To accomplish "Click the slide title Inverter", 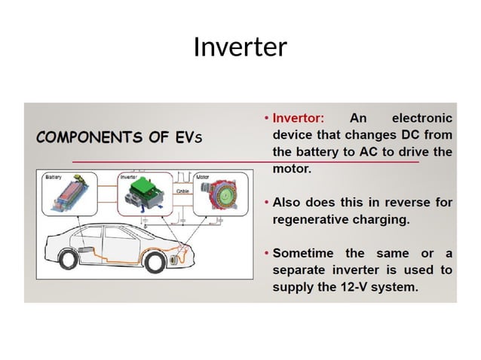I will [240, 47].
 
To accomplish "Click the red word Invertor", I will [298, 118].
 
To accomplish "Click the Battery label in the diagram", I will [54, 178].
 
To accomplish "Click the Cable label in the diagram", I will [182, 191].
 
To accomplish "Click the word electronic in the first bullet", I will [422, 118].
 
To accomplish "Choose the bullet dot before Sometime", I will [266, 253].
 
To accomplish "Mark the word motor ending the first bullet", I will [290, 169].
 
